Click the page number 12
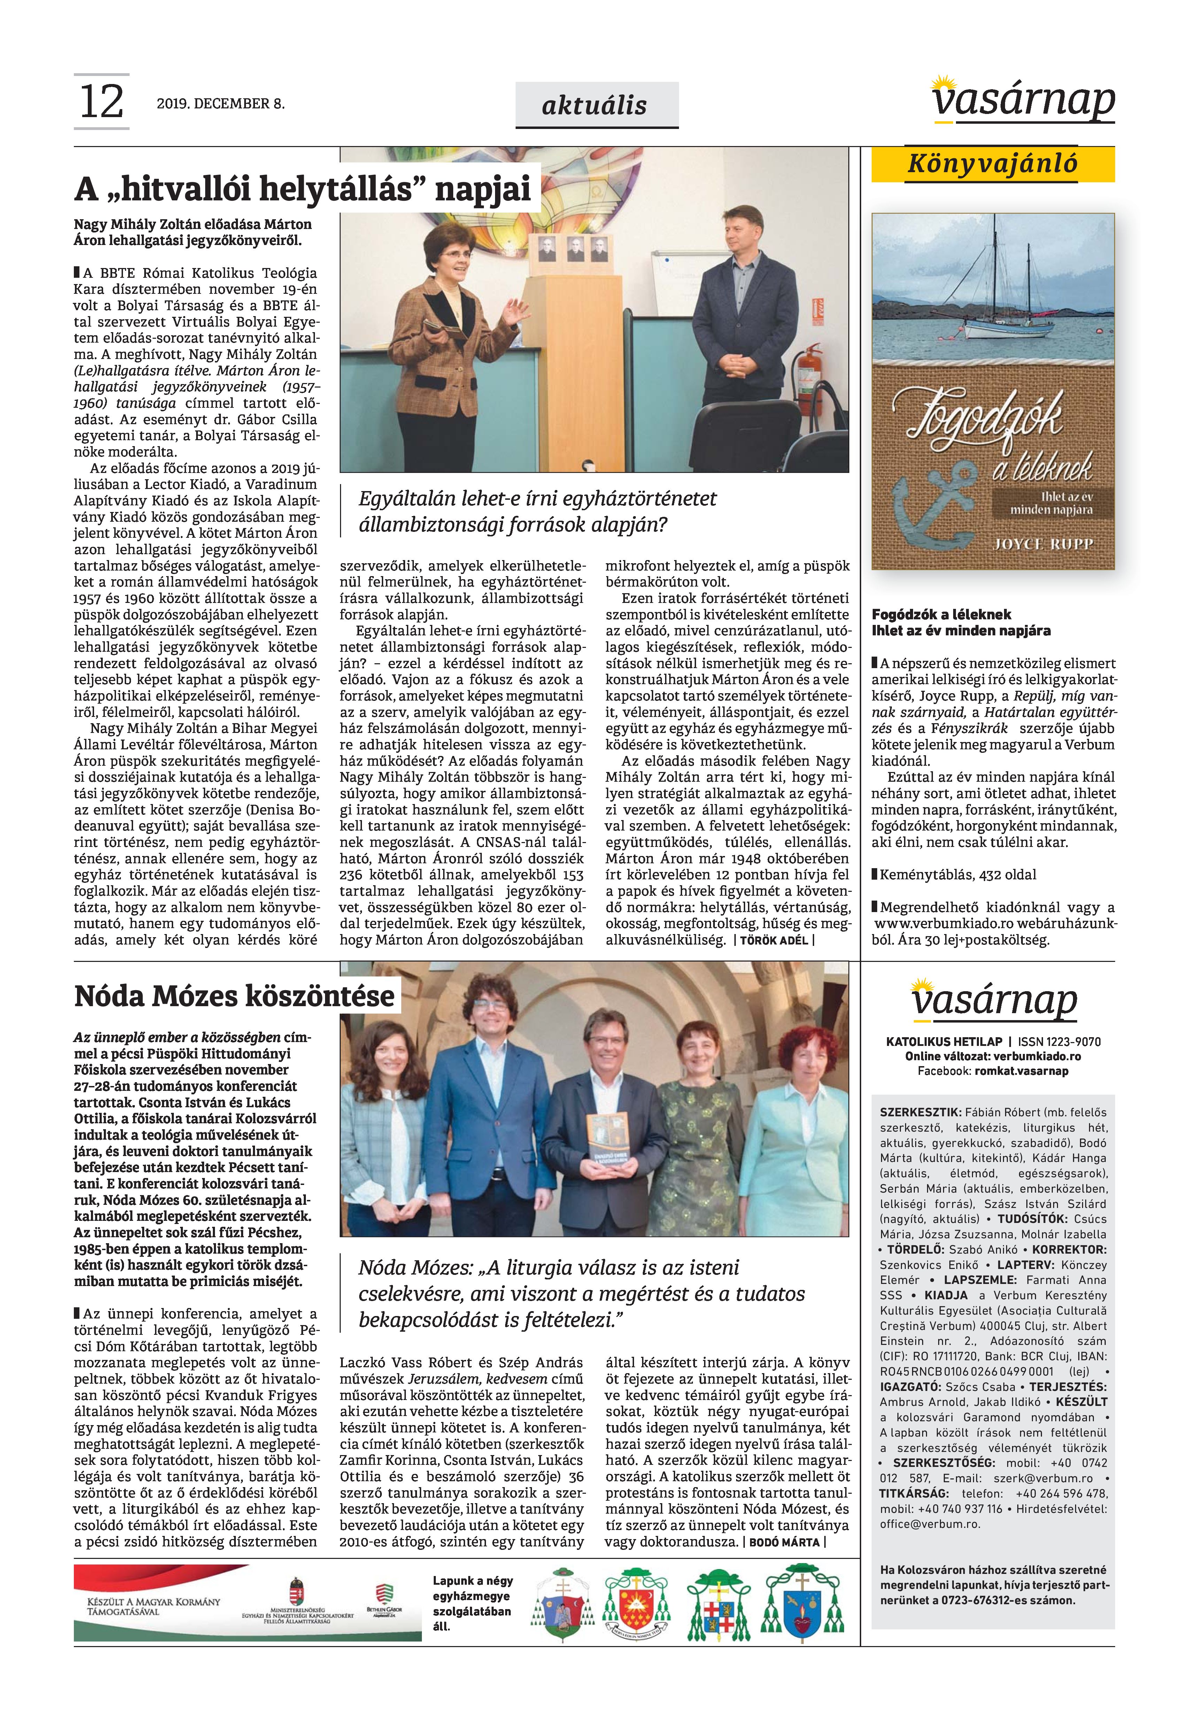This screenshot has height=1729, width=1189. pyautogui.click(x=101, y=102)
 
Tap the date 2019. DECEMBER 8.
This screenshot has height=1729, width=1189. pyautogui.click(x=221, y=104)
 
